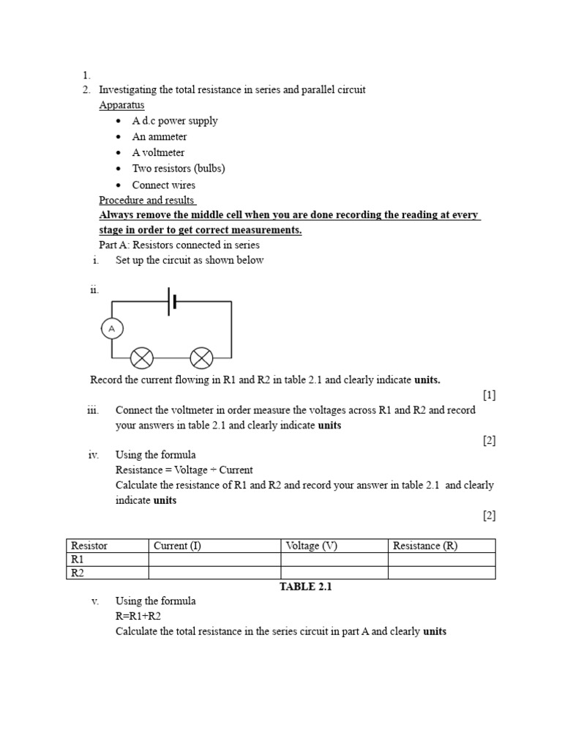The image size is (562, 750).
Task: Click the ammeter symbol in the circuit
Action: coord(112,330)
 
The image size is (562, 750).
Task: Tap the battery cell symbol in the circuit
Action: coord(172,302)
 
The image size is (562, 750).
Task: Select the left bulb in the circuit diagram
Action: coord(141,358)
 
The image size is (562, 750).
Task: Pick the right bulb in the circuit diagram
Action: coord(201,358)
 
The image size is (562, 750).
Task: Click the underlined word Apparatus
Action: coord(121,105)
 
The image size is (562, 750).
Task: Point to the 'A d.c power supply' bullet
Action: coord(174,121)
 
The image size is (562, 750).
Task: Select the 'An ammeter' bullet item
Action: coord(159,137)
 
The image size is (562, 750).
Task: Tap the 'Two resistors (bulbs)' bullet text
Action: coord(178,168)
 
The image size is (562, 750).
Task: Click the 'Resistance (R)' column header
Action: coord(424,546)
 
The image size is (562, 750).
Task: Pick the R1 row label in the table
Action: coord(77,560)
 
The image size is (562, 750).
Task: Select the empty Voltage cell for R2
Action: coord(334,573)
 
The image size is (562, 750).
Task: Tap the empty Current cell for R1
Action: coord(214,560)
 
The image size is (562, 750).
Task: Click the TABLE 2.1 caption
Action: coord(306,587)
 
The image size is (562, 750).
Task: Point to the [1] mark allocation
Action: coord(489,396)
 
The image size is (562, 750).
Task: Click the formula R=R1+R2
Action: coord(140,616)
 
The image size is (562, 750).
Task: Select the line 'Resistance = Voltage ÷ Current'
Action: coord(184,469)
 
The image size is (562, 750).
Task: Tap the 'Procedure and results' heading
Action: coord(147,201)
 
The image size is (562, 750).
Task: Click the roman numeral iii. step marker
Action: coord(92,410)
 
